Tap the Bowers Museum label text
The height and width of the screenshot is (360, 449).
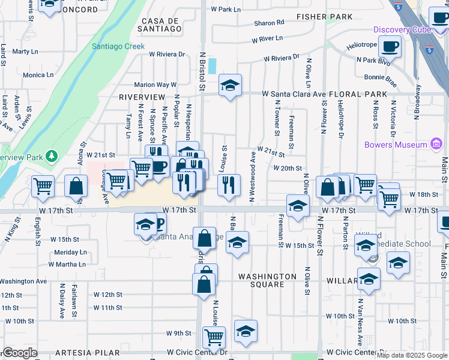[x=396, y=145]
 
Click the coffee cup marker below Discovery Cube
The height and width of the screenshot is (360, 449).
[x=390, y=47]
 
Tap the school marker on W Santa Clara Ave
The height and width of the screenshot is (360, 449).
[x=229, y=86]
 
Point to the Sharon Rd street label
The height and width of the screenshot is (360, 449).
[x=269, y=23]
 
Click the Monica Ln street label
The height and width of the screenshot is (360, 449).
[x=38, y=76]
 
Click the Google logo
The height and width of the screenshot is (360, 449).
[x=20, y=353]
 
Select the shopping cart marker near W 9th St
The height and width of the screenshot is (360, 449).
[x=214, y=337]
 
